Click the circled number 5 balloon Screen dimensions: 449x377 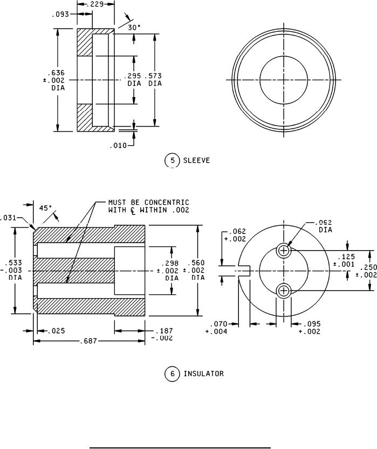(x=172, y=160)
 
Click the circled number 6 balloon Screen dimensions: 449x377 (x=172, y=373)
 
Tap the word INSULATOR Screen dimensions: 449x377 (x=203, y=373)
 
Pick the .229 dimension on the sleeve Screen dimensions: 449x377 (x=96, y=4)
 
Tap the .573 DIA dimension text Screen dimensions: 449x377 (x=155, y=80)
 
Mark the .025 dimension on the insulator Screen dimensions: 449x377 (x=56, y=330)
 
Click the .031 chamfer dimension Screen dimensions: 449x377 (x=9, y=218)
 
